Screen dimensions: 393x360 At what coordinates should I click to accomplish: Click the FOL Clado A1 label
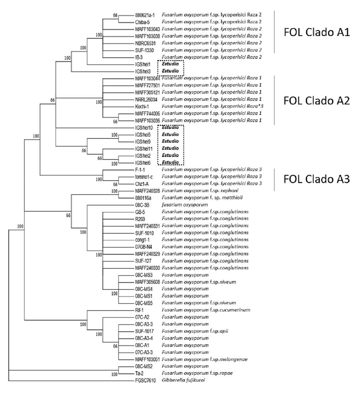[x=317, y=33]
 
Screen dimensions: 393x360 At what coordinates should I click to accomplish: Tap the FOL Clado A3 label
[x=317, y=179]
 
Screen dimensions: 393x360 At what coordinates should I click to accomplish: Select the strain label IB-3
[x=140, y=57]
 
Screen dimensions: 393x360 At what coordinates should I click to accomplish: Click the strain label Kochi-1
[x=142, y=107]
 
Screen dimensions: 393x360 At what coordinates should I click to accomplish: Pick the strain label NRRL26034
[x=147, y=99]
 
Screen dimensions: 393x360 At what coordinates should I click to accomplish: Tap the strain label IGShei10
[x=145, y=127]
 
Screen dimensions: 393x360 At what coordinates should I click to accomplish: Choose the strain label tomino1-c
[x=144, y=177]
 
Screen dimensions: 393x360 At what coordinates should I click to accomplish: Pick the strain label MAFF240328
[x=148, y=191]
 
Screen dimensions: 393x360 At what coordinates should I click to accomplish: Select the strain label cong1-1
[x=143, y=240]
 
